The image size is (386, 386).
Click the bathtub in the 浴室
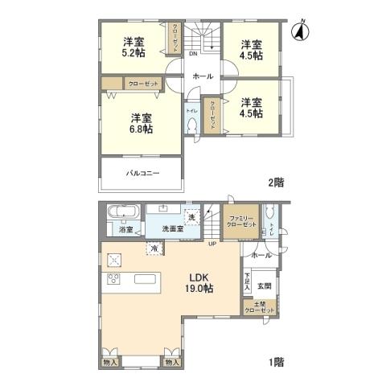click(123, 214)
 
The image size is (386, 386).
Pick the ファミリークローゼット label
click(241, 223)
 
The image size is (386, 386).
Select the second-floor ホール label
click(203, 76)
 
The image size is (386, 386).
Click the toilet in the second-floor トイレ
click(191, 125)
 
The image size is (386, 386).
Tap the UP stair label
click(212, 244)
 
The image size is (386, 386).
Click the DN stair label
click(194, 55)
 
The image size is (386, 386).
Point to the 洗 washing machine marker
click(191, 216)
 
